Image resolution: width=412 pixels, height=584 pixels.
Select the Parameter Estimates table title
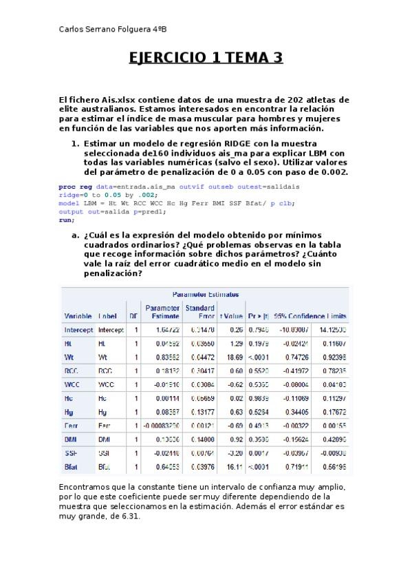click(204, 293)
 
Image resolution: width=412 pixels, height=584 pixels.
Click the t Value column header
click(231, 316)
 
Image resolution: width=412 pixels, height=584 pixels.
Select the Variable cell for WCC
click(73, 384)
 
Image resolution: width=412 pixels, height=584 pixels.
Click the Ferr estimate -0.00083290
click(162, 427)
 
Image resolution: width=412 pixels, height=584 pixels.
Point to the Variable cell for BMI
click(71, 440)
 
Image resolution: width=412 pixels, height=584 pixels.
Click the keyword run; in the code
click(66, 220)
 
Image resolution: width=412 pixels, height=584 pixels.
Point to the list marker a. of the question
click(76, 236)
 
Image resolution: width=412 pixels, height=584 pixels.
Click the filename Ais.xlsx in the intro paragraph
click(116, 100)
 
